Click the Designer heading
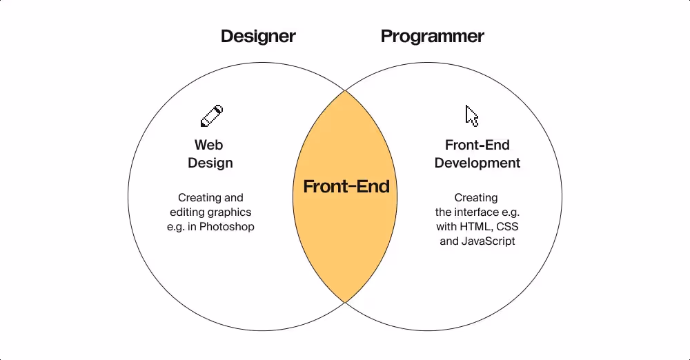pos(258,36)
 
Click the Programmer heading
pos(433,36)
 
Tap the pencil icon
pos(212,116)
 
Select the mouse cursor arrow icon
pos(472,116)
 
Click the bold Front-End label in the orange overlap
pos(346,186)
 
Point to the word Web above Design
pos(209,146)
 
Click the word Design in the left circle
pos(210,163)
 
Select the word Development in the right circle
pos(477,163)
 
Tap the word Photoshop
pos(227,227)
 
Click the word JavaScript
pos(487,241)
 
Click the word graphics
pos(229,212)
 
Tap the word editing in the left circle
pos(187,212)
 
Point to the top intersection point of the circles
pos(345,90)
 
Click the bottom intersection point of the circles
pos(345,303)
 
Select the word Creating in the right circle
pos(476,198)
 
